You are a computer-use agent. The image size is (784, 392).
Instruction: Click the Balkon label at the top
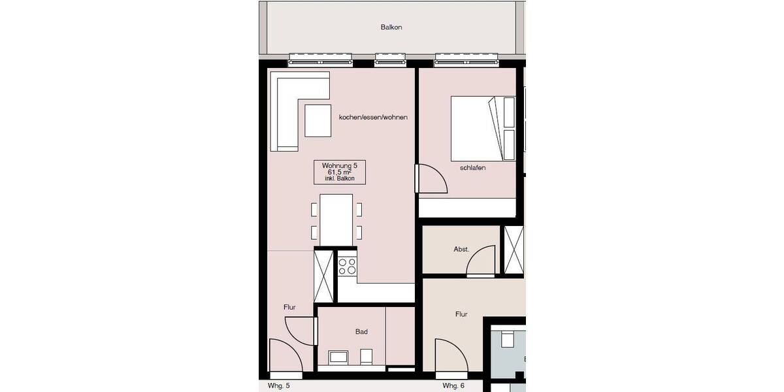click(391, 27)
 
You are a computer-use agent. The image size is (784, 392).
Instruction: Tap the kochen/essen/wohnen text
click(373, 118)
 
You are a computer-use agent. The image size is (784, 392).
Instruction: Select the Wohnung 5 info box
click(340, 172)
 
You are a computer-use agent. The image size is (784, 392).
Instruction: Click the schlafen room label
click(472, 168)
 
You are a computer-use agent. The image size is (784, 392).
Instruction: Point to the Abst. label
click(461, 250)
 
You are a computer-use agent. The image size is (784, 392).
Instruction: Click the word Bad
click(361, 332)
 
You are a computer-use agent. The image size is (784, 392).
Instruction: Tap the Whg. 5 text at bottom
click(278, 386)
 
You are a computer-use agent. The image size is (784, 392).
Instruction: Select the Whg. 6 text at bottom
click(453, 386)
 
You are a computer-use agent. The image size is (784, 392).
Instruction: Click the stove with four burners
click(348, 266)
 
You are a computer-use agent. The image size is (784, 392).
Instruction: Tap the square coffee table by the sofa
click(318, 120)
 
